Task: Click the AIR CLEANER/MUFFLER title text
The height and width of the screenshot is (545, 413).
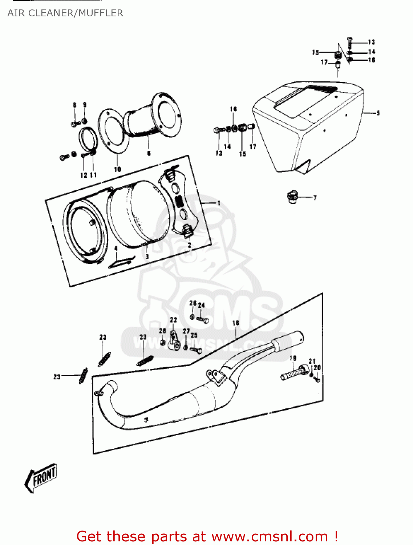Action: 65,13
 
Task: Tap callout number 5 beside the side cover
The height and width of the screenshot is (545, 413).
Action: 378,113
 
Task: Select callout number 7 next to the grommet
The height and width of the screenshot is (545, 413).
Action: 315,198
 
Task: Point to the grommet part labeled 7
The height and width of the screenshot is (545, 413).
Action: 292,197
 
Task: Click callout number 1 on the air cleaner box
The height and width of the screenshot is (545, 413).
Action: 219,203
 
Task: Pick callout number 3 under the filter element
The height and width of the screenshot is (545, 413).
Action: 147,257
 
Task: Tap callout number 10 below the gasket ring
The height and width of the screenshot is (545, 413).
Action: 117,169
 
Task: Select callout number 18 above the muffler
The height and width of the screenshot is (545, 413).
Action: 236,323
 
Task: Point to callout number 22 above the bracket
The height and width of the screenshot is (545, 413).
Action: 173,320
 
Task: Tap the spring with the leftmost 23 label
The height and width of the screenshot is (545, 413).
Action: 83,376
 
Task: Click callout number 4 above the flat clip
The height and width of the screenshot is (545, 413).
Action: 116,249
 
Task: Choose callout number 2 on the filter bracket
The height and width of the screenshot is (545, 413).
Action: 189,245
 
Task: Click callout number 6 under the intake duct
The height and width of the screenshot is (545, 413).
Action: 149,153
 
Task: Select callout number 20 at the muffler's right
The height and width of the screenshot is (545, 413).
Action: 317,368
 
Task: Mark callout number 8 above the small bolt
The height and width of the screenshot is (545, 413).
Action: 74,105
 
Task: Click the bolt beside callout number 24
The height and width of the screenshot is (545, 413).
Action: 203,319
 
